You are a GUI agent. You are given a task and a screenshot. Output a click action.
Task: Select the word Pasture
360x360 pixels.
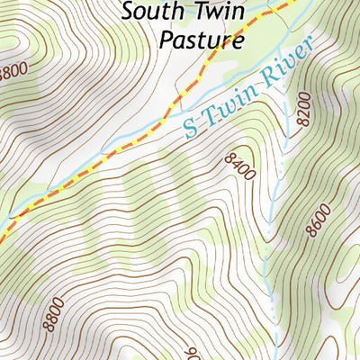(x=201, y=40)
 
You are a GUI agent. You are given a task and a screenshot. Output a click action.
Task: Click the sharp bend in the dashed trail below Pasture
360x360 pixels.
(x=179, y=94)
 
